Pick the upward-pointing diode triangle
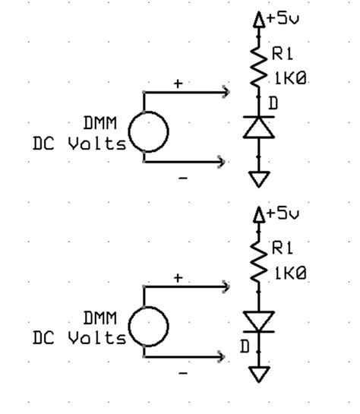[x=258, y=128]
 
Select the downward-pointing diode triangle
[x=258, y=321]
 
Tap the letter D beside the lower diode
[x=245, y=346]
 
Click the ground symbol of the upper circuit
[x=259, y=179]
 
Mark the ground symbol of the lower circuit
[x=259, y=374]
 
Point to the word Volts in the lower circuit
[x=99, y=338]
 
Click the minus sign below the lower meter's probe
[x=182, y=372]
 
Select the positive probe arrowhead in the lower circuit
[x=225, y=286]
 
